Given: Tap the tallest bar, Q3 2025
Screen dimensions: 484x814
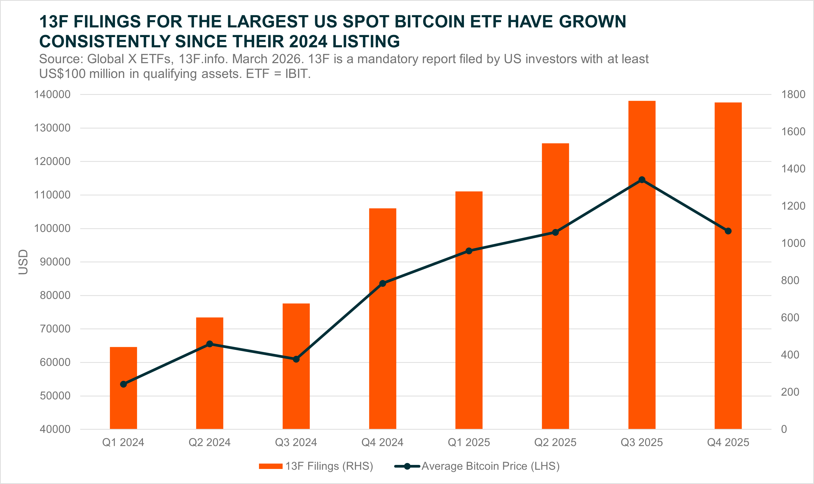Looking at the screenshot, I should coord(642,293).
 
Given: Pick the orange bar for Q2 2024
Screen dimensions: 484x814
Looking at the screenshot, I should coord(210,391).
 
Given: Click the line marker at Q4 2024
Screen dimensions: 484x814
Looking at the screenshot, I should coord(383,284).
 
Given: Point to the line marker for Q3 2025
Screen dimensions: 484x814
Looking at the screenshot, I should coord(642,180).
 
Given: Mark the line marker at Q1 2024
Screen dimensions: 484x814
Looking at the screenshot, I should coord(124,384).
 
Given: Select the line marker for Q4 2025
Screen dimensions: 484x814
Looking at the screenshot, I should coord(728,231).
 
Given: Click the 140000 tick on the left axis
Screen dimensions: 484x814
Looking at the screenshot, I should coord(52,95).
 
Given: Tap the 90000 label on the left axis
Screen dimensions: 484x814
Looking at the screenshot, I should coord(55,262).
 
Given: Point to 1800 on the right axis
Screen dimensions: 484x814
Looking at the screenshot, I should coord(793,95).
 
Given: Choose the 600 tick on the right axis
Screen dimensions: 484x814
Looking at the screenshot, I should coord(790,317).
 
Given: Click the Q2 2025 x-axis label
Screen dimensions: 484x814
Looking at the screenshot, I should coord(555,442).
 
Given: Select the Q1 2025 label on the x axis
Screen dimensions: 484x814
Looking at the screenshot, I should coord(469,442).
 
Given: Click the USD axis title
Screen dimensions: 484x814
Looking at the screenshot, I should coord(23,262).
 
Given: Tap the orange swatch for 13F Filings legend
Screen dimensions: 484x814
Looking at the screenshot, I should coord(271,466).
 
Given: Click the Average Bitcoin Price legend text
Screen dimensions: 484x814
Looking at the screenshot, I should coord(490,466).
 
